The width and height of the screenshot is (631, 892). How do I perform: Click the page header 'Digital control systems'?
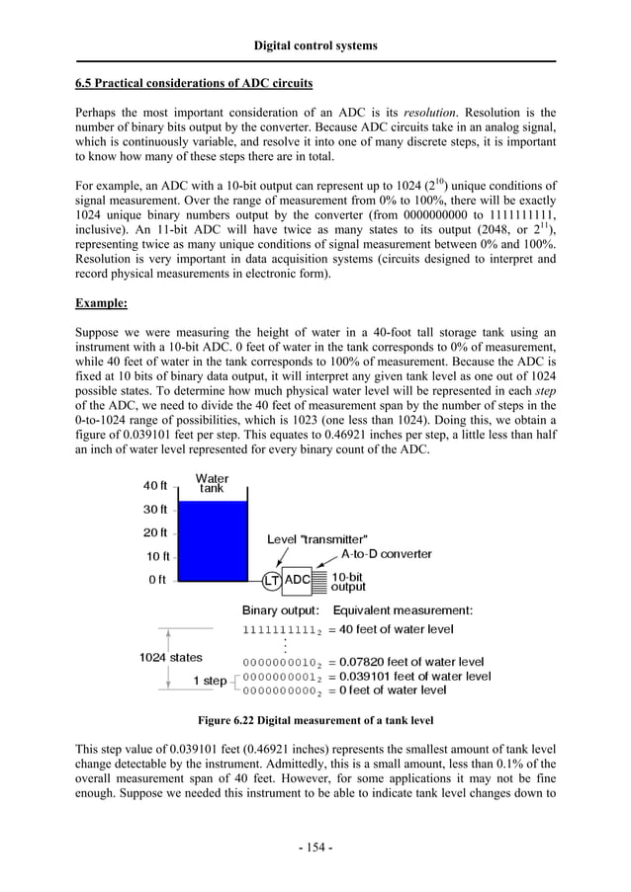(315, 45)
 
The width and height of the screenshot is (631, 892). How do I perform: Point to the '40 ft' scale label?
(155, 486)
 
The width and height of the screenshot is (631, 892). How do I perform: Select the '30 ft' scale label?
(155, 510)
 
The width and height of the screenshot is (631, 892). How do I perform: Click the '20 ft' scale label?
(155, 533)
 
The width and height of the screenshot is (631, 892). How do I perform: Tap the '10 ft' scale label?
(159, 556)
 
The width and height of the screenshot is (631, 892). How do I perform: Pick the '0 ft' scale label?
(157, 580)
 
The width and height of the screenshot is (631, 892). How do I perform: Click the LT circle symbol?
(270, 580)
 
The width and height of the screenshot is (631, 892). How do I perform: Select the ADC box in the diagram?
(298, 580)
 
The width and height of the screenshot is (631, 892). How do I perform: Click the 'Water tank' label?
(212, 484)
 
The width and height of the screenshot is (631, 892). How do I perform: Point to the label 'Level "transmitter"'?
(318, 539)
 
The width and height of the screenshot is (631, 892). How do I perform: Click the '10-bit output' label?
(348, 581)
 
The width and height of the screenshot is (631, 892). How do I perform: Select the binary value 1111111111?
(280, 629)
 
